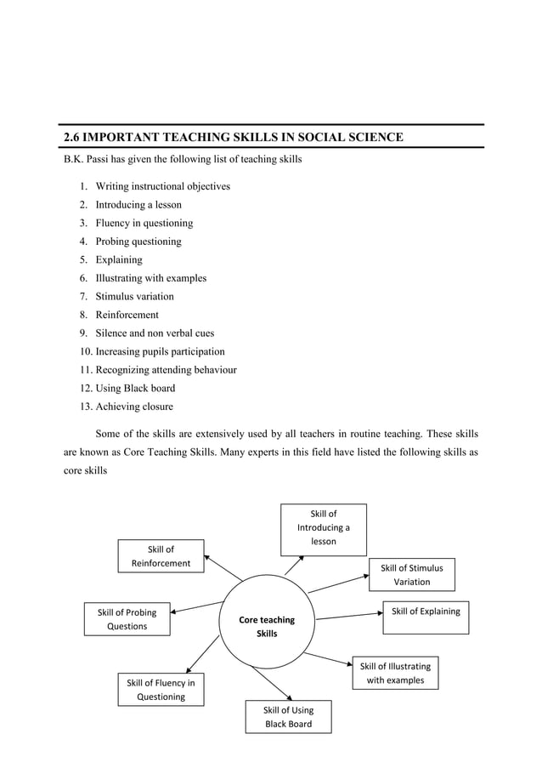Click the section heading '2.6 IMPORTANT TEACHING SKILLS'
(x=234, y=137)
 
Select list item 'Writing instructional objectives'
(x=162, y=186)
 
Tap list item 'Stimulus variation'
(x=134, y=296)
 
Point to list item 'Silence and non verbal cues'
(x=155, y=333)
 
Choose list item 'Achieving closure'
(x=134, y=407)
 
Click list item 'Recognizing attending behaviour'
(x=166, y=370)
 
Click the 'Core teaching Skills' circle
(x=267, y=626)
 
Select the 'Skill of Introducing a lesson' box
(x=323, y=527)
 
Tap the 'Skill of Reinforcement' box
(x=161, y=556)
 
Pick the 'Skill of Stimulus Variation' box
(x=411, y=574)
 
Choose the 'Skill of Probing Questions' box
(x=127, y=619)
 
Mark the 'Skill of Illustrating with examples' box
(x=395, y=673)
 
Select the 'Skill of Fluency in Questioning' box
(x=161, y=690)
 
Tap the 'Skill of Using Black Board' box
(x=288, y=717)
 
